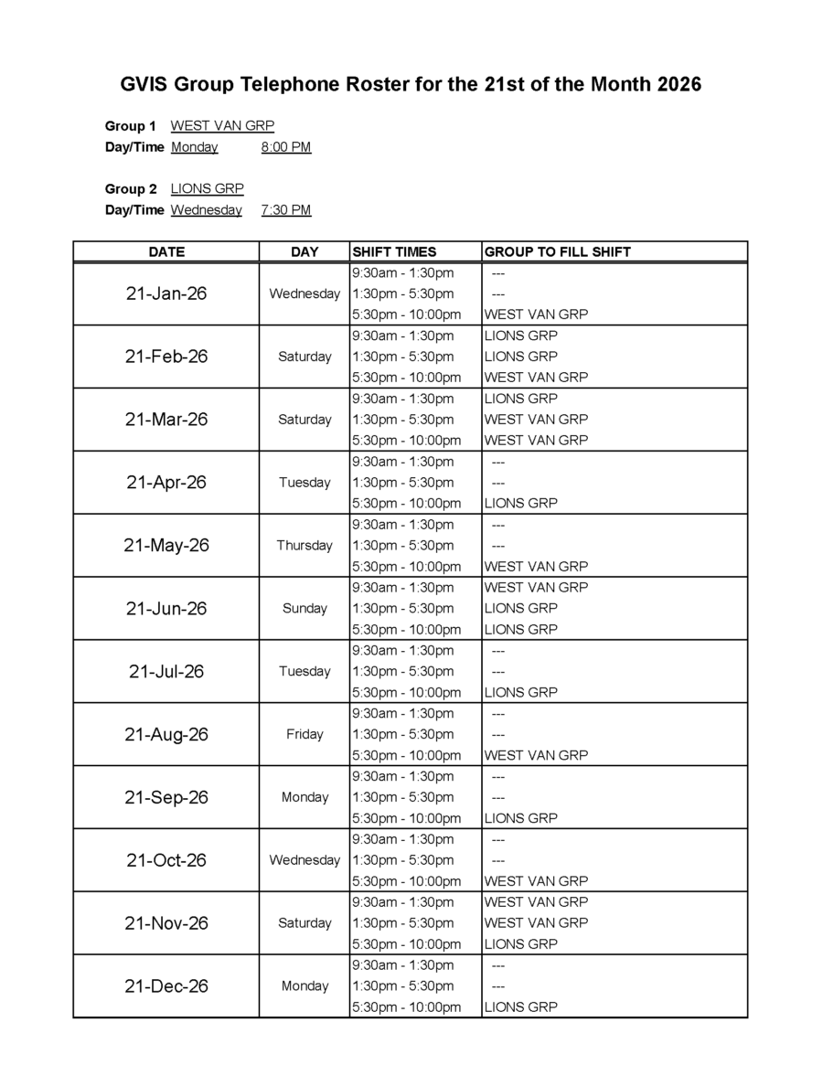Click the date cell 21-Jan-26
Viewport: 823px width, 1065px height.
pyautogui.click(x=166, y=293)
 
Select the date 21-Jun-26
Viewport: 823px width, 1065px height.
pyautogui.click(x=166, y=608)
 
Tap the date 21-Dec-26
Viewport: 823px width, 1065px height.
pyautogui.click(x=166, y=985)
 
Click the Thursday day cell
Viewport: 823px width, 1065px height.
pyautogui.click(x=305, y=545)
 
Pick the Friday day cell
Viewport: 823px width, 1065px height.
pyautogui.click(x=305, y=734)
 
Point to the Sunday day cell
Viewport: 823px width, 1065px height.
pyautogui.click(x=305, y=608)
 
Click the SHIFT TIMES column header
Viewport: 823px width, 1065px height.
pyautogui.click(x=394, y=251)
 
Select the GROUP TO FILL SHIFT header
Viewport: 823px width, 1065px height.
pyautogui.click(x=557, y=251)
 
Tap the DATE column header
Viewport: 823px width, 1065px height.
pyautogui.click(x=166, y=251)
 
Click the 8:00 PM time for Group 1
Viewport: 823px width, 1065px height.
pyautogui.click(x=285, y=147)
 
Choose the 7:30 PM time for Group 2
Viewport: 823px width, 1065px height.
pyautogui.click(x=285, y=210)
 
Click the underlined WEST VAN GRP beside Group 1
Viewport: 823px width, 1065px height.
pyautogui.click(x=222, y=126)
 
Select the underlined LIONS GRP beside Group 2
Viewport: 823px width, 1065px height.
pyautogui.click(x=207, y=189)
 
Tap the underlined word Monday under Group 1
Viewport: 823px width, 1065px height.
pyautogui.click(x=194, y=147)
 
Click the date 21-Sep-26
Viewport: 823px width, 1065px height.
pyautogui.click(x=166, y=797)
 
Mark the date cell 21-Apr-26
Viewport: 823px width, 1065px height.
pyautogui.click(x=166, y=482)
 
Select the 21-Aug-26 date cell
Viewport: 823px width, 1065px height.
pyautogui.click(x=166, y=734)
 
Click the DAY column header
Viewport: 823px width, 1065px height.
pyautogui.click(x=305, y=251)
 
